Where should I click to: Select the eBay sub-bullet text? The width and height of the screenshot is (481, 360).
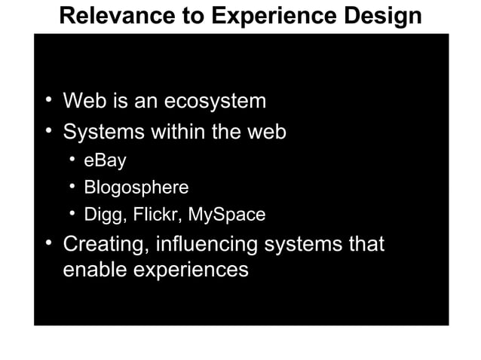(104, 160)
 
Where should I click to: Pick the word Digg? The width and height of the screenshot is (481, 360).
(103, 215)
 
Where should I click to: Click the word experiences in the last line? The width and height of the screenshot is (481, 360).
(192, 270)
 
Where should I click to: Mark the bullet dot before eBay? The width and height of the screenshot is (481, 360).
(72, 160)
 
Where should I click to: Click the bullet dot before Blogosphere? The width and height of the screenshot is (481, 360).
(72, 187)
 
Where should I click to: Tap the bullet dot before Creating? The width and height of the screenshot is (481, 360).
(49, 244)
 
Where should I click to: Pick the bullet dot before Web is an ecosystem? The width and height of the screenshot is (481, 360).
(49, 99)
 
